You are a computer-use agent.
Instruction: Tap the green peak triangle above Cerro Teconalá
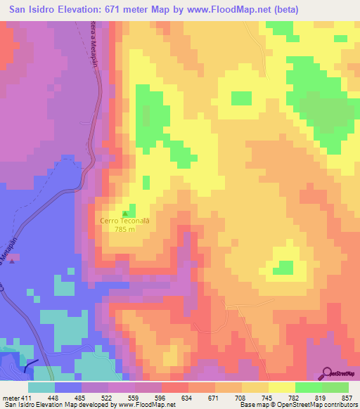(x=126, y=213)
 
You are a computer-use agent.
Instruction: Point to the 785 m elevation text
(x=126, y=230)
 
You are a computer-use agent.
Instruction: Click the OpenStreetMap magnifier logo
(x=328, y=372)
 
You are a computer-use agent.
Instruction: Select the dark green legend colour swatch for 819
(x=308, y=387)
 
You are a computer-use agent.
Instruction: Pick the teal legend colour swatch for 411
(x=41, y=387)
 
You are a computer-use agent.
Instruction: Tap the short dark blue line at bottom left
(x=29, y=366)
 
